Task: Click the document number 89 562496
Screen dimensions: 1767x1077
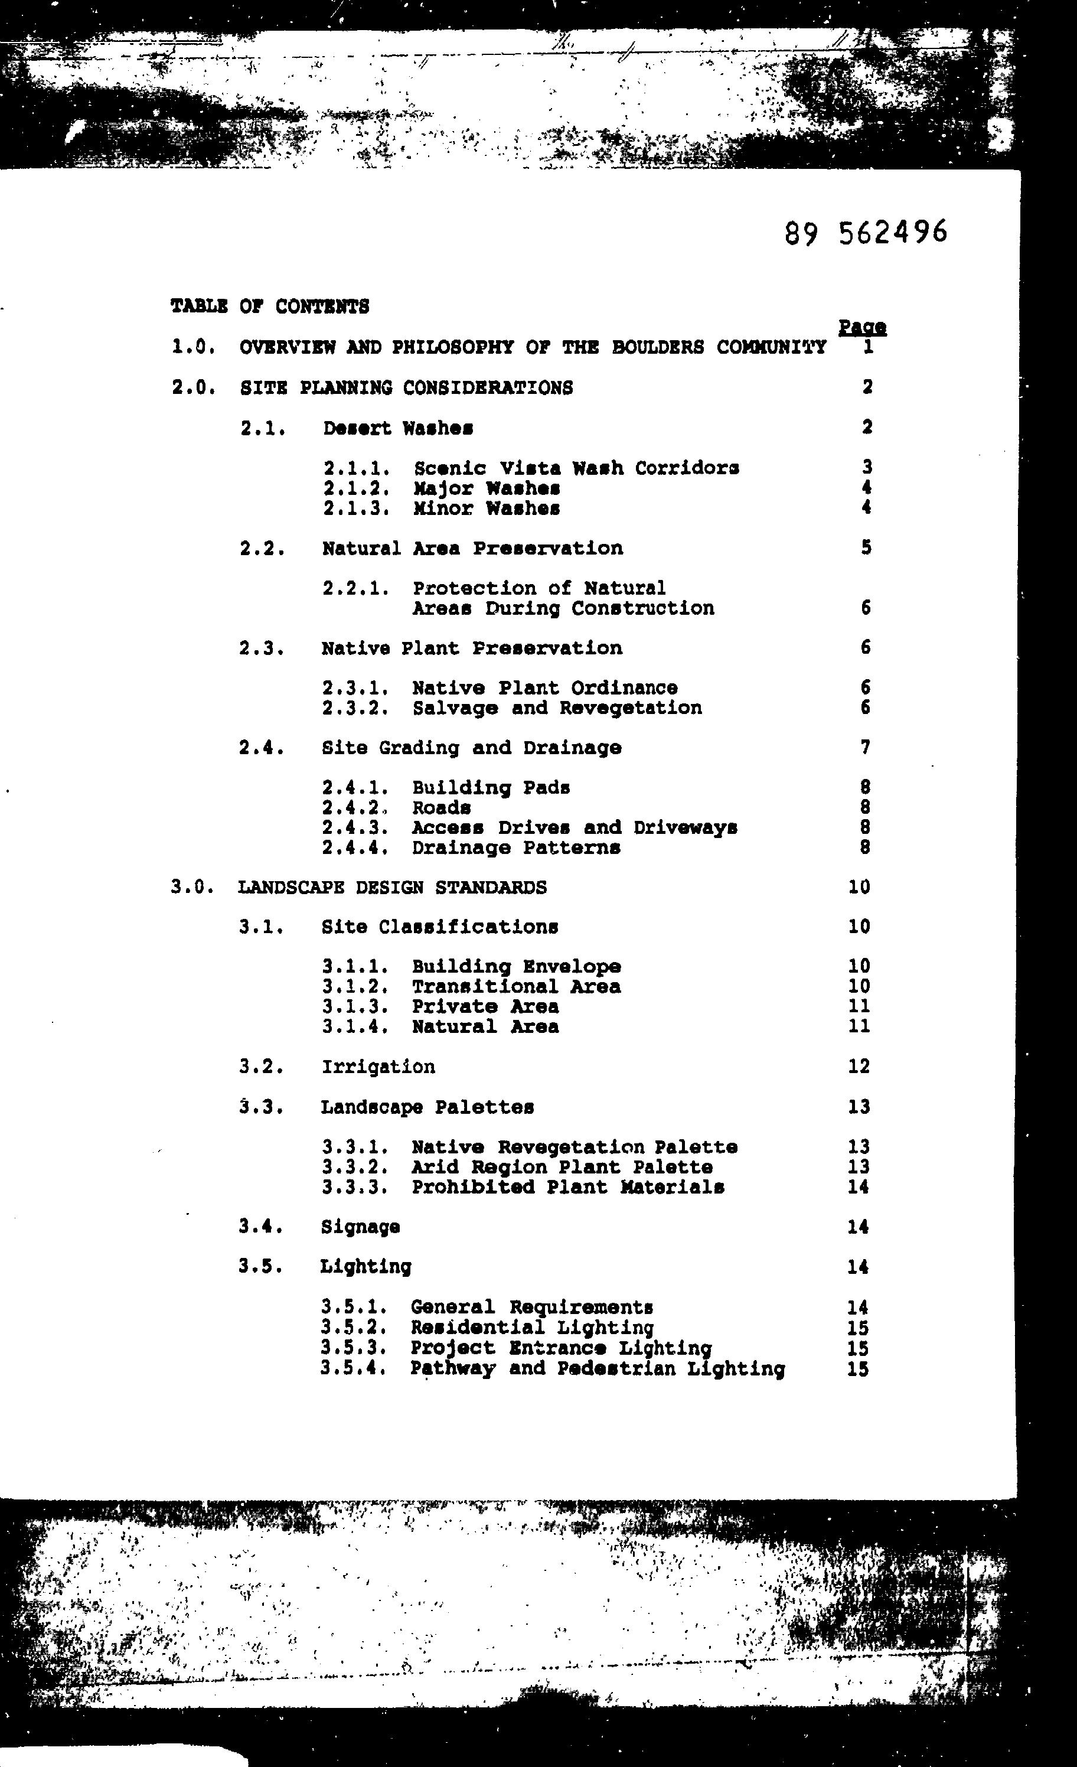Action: [x=866, y=232]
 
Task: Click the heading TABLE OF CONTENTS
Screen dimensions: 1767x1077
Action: [x=270, y=307]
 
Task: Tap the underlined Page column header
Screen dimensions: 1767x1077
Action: [x=862, y=327]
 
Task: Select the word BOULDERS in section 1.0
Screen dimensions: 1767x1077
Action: [x=658, y=348]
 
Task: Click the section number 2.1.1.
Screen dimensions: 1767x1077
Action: [x=357, y=468]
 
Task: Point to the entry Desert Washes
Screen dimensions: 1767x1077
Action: [x=397, y=429]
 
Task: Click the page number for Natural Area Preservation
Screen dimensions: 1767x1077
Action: [x=866, y=548]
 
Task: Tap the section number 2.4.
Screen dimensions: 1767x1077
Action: [x=262, y=748]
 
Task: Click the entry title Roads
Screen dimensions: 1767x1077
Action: [x=441, y=808]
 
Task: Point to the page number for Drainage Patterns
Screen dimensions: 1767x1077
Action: [x=866, y=847]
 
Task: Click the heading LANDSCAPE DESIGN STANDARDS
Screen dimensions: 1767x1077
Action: [x=392, y=888]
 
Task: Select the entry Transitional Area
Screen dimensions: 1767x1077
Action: [x=515, y=987]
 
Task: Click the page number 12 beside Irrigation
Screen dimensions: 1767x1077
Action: [x=859, y=1067]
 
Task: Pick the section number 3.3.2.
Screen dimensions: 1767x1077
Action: [x=355, y=1168]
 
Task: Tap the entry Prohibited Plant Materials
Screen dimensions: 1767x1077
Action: [x=567, y=1188]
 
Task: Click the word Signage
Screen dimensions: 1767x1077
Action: [x=360, y=1227]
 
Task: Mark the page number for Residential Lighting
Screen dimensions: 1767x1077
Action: [x=857, y=1328]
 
